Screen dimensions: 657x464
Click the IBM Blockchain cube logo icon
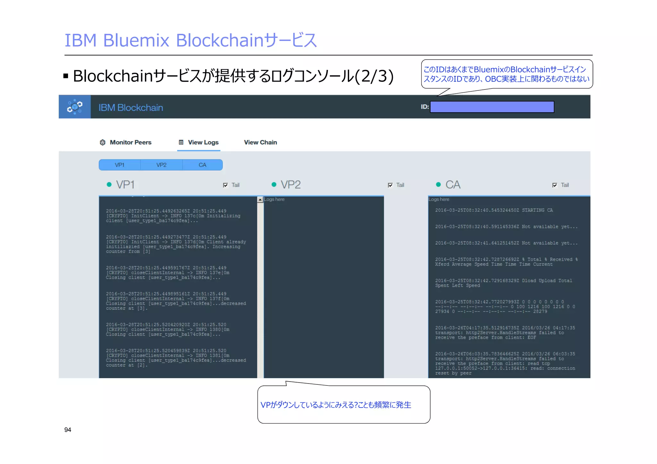coord(74,107)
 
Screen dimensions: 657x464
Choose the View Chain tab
coord(260,142)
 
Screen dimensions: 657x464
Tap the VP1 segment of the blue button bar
coord(120,165)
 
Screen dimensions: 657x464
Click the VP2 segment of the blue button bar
coord(161,165)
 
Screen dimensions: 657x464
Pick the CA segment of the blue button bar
coord(202,165)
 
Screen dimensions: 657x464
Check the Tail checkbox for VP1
coord(226,185)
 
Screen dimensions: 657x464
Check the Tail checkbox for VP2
coord(390,185)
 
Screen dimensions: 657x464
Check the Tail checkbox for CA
coord(555,185)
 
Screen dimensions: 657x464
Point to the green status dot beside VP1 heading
coord(109,184)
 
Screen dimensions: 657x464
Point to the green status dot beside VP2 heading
coord(274,184)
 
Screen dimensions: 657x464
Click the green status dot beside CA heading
coord(439,184)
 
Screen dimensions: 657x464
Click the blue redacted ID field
coord(492,107)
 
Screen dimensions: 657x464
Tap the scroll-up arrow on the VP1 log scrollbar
coord(260,199)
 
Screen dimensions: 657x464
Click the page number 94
coord(68,430)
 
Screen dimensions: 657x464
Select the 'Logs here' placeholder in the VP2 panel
coord(274,199)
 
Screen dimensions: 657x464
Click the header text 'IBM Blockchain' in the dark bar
coord(131,107)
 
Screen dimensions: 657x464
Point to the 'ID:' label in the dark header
coord(425,107)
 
